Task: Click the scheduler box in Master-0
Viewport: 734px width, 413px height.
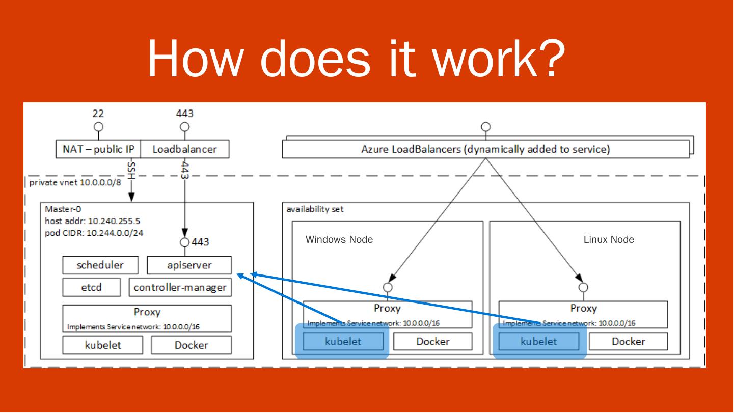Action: [x=100, y=265]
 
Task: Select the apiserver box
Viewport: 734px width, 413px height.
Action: [x=189, y=265]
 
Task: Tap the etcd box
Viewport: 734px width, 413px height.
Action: [x=92, y=287]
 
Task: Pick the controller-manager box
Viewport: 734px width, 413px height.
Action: [x=180, y=287]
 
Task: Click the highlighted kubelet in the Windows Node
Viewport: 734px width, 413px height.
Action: [x=343, y=342]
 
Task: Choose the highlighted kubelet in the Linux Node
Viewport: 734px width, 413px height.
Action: [x=538, y=342]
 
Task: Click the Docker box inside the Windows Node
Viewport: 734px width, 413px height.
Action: [x=432, y=342]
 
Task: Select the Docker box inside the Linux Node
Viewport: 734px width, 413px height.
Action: [x=628, y=342]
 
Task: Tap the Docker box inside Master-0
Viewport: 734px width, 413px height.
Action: [x=191, y=345]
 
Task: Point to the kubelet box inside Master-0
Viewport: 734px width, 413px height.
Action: [x=103, y=345]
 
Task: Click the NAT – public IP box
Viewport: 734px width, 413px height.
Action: [x=98, y=149]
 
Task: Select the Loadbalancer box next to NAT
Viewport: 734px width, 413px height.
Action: [x=184, y=149]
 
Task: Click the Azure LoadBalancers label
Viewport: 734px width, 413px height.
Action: [x=485, y=150]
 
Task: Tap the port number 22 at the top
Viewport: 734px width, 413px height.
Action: [x=98, y=113]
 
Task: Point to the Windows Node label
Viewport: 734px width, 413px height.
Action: [x=339, y=240]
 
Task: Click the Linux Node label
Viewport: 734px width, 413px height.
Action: [x=609, y=240]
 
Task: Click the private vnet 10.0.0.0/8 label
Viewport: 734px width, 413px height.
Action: [x=75, y=182]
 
